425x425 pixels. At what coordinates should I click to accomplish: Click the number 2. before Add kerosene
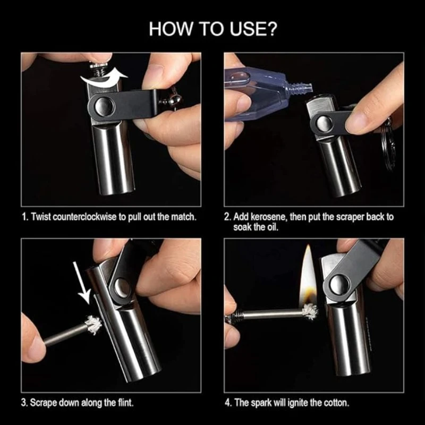coord(228,217)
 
